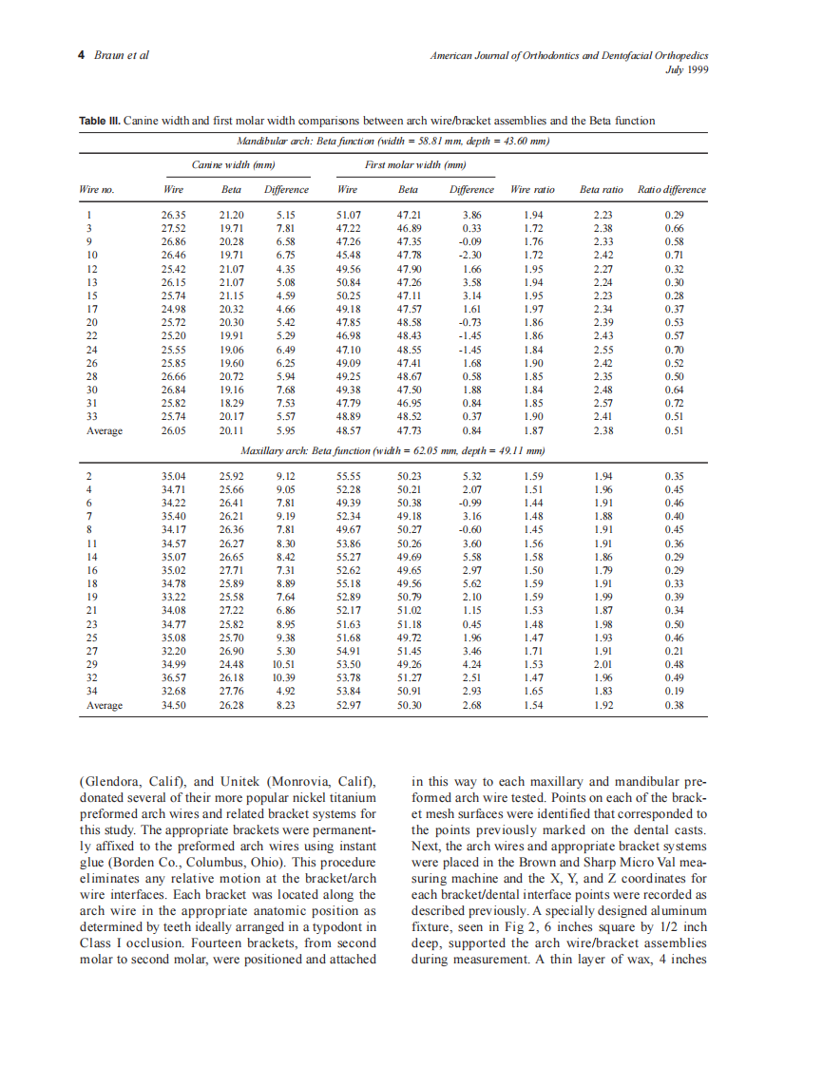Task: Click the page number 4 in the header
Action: [81, 54]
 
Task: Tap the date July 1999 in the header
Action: [687, 68]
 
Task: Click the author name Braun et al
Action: [121, 54]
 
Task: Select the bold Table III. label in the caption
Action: [100, 121]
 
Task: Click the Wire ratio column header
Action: [533, 189]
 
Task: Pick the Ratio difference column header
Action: [672, 189]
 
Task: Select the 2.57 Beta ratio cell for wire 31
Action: [603, 403]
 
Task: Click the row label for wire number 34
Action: [91, 691]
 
